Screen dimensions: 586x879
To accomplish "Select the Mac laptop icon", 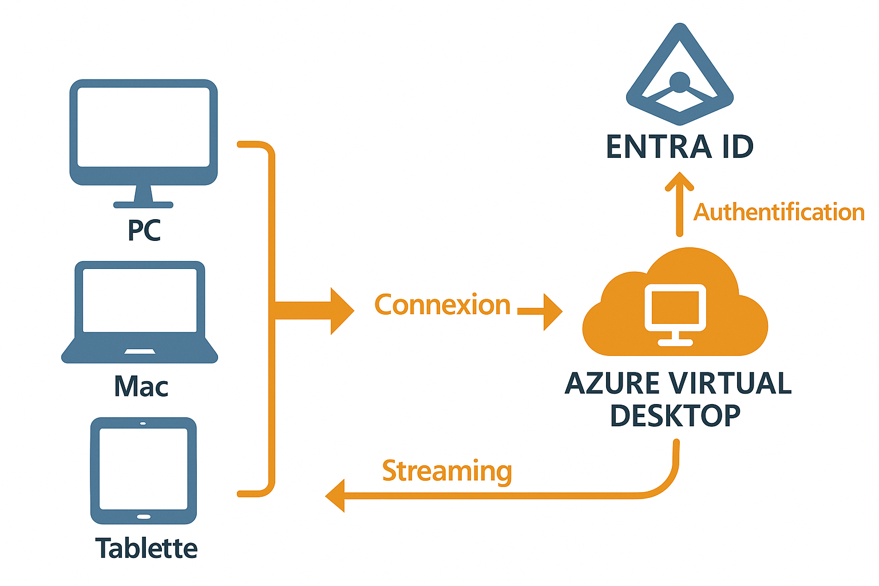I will (140, 312).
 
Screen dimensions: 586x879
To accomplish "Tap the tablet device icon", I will (144, 470).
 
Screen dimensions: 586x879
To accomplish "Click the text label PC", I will (144, 230).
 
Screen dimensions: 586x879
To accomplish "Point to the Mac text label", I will (141, 386).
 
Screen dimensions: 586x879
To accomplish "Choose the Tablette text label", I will (146, 548).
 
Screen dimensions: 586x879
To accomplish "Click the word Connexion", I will (442, 305).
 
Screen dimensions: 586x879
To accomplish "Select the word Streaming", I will (447, 472).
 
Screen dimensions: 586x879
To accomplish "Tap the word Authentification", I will (779, 212).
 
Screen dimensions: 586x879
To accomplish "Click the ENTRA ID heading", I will (680, 146).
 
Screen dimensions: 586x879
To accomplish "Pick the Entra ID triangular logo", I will (679, 77).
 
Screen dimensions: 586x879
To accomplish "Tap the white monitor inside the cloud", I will (675, 312).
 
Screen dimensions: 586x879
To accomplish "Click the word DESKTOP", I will (675, 416).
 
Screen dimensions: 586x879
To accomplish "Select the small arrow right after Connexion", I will (541, 312).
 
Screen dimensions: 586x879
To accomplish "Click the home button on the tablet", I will (144, 517).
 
